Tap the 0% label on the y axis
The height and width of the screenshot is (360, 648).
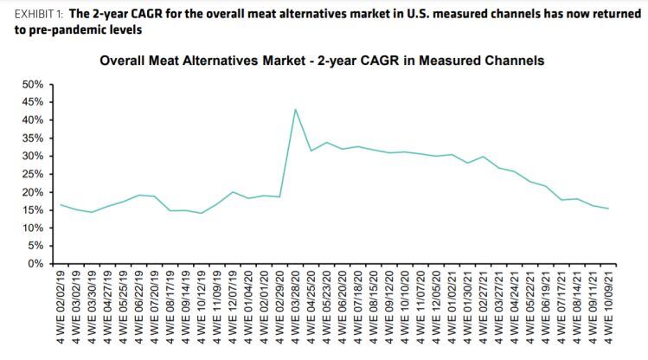pos(37,263)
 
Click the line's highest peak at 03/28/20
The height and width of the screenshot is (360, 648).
pos(296,109)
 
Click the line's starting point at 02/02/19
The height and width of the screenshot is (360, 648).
pos(61,205)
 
